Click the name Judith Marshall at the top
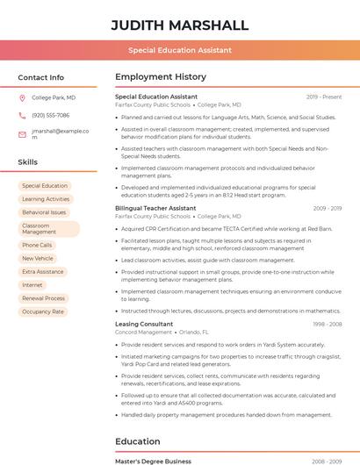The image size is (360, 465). (179, 25)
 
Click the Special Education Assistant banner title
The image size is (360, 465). (179, 50)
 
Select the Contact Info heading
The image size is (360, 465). (40, 77)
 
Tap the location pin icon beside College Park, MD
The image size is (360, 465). (22, 98)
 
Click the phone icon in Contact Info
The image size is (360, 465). (22, 116)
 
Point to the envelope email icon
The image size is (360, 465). (22, 134)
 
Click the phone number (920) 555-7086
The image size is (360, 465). (50, 116)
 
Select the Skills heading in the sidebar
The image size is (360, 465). (28, 162)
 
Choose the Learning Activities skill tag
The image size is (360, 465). (46, 199)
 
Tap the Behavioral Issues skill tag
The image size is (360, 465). (44, 212)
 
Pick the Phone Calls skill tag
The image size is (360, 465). (37, 246)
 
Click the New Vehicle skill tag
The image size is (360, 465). (37, 259)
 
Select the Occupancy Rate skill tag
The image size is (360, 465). (43, 311)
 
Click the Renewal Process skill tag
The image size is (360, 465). (43, 298)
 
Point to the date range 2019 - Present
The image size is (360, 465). (324, 97)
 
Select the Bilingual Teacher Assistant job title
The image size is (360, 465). (155, 208)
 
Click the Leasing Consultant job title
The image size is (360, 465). (144, 324)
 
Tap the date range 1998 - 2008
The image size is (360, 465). (327, 324)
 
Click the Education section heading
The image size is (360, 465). (138, 441)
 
